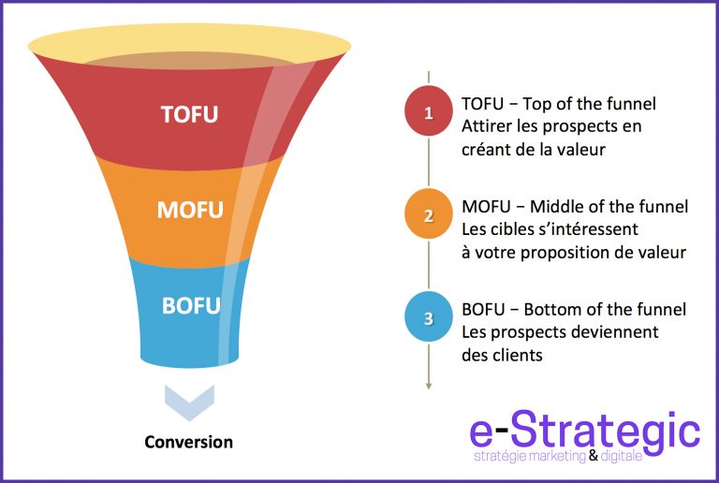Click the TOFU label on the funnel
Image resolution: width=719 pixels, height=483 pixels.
189,114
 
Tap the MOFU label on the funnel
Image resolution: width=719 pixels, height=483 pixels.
190,209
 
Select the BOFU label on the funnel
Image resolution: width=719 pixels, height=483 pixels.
190,305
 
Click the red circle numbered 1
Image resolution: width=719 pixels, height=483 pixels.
429,113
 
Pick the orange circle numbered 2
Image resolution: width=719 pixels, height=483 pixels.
429,215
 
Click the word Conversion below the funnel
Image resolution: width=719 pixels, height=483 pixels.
188,441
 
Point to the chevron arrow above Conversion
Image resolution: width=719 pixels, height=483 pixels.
188,399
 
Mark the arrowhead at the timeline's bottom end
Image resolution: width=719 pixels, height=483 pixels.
429,383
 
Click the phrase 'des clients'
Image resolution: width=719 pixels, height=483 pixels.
503,356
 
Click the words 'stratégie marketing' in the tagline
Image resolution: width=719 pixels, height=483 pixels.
530,457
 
